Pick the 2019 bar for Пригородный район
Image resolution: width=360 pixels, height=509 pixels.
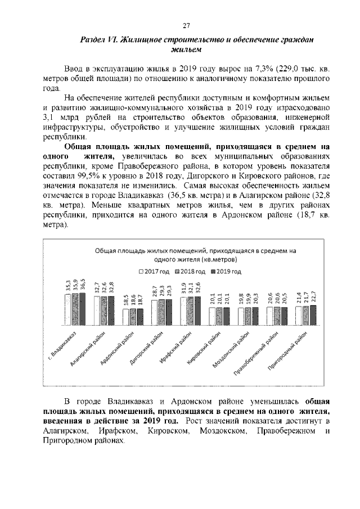(313, 316)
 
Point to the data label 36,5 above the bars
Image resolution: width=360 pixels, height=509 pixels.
(84, 284)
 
